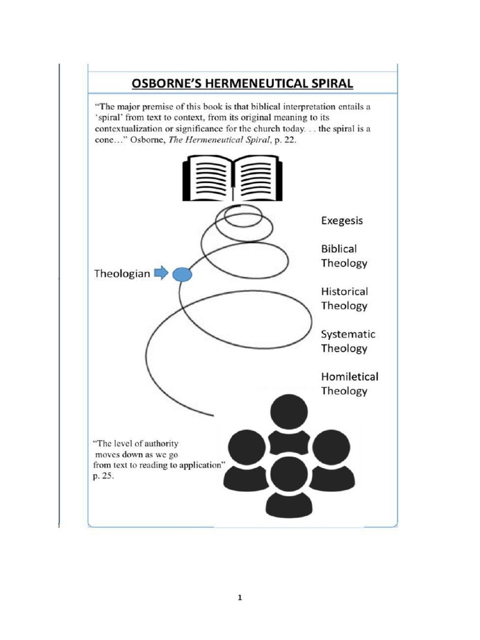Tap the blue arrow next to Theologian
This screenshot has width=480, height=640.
(x=161, y=273)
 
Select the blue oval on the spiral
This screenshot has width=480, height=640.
(x=181, y=274)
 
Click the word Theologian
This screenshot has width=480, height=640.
(x=122, y=273)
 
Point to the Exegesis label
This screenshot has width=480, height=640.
(x=342, y=221)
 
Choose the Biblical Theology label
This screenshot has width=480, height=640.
(x=344, y=256)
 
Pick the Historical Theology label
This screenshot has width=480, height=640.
(x=344, y=298)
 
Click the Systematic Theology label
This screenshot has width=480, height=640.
(x=348, y=341)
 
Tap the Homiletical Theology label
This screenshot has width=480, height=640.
(x=349, y=383)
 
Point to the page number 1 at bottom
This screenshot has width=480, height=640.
(x=239, y=597)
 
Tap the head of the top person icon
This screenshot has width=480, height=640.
(x=289, y=412)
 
